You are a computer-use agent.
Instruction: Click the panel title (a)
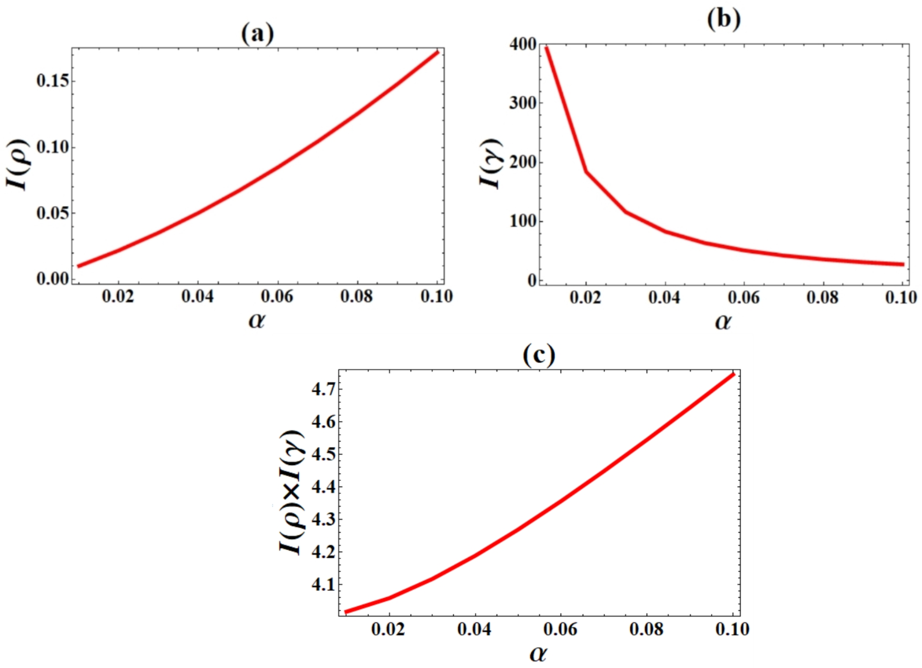pos(258,34)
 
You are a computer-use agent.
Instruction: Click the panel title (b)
pos(724,19)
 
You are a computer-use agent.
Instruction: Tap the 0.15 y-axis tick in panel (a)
pos(53,81)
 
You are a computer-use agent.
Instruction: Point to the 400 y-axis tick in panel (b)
pos(523,45)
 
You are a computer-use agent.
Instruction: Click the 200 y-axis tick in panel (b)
pos(523,162)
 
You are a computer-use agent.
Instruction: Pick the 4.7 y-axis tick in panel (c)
pos(323,390)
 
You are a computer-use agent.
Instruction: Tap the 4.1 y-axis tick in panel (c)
pos(323,585)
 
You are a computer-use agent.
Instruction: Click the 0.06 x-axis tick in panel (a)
pos(277,296)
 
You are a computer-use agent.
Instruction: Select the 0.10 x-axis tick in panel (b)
pos(901,298)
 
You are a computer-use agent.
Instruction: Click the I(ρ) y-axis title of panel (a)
pos(18,164)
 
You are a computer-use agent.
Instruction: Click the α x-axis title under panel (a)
pos(257,321)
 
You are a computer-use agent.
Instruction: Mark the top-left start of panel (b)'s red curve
pos(546,47)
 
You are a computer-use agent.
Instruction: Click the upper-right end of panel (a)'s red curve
pos(438,52)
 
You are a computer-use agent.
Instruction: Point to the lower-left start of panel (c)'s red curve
pos(346,612)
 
